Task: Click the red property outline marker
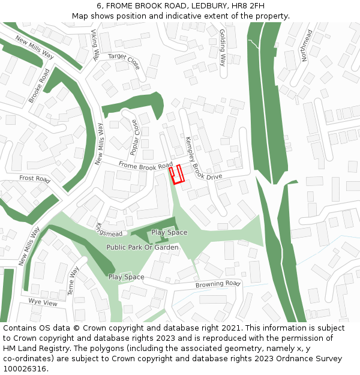pos(175,174)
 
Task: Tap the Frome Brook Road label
pos(145,165)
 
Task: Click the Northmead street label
pos(307,45)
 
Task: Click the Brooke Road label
pos(40,85)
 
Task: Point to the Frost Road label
pos(34,178)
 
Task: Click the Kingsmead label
pos(109,230)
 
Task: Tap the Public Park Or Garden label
pos(142,247)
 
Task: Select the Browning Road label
pos(218,284)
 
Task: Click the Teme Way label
pos(74,280)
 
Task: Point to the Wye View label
pos(43,303)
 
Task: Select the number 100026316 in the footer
pos(25,369)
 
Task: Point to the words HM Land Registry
pos(32,349)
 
